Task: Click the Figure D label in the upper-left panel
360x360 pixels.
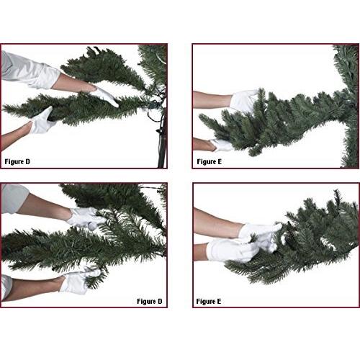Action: point(17,161)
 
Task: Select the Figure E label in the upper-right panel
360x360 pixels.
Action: point(209,161)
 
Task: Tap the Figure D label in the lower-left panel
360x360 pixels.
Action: point(149,301)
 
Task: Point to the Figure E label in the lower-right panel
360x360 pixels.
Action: point(208,301)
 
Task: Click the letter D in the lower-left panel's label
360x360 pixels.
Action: point(160,301)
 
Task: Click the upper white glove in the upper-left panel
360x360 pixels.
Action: point(104,95)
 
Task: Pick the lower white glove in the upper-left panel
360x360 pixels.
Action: point(42,121)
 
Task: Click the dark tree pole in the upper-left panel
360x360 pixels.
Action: point(163,139)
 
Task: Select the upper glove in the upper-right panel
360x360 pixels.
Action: point(243,101)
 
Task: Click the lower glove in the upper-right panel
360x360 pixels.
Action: point(222,145)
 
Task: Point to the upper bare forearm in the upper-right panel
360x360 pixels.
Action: point(212,99)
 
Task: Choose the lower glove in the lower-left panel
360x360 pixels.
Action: point(78,281)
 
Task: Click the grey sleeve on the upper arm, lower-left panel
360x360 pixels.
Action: point(14,198)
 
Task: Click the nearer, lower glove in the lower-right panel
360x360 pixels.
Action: point(232,251)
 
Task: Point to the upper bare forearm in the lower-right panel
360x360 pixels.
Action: point(217,223)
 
